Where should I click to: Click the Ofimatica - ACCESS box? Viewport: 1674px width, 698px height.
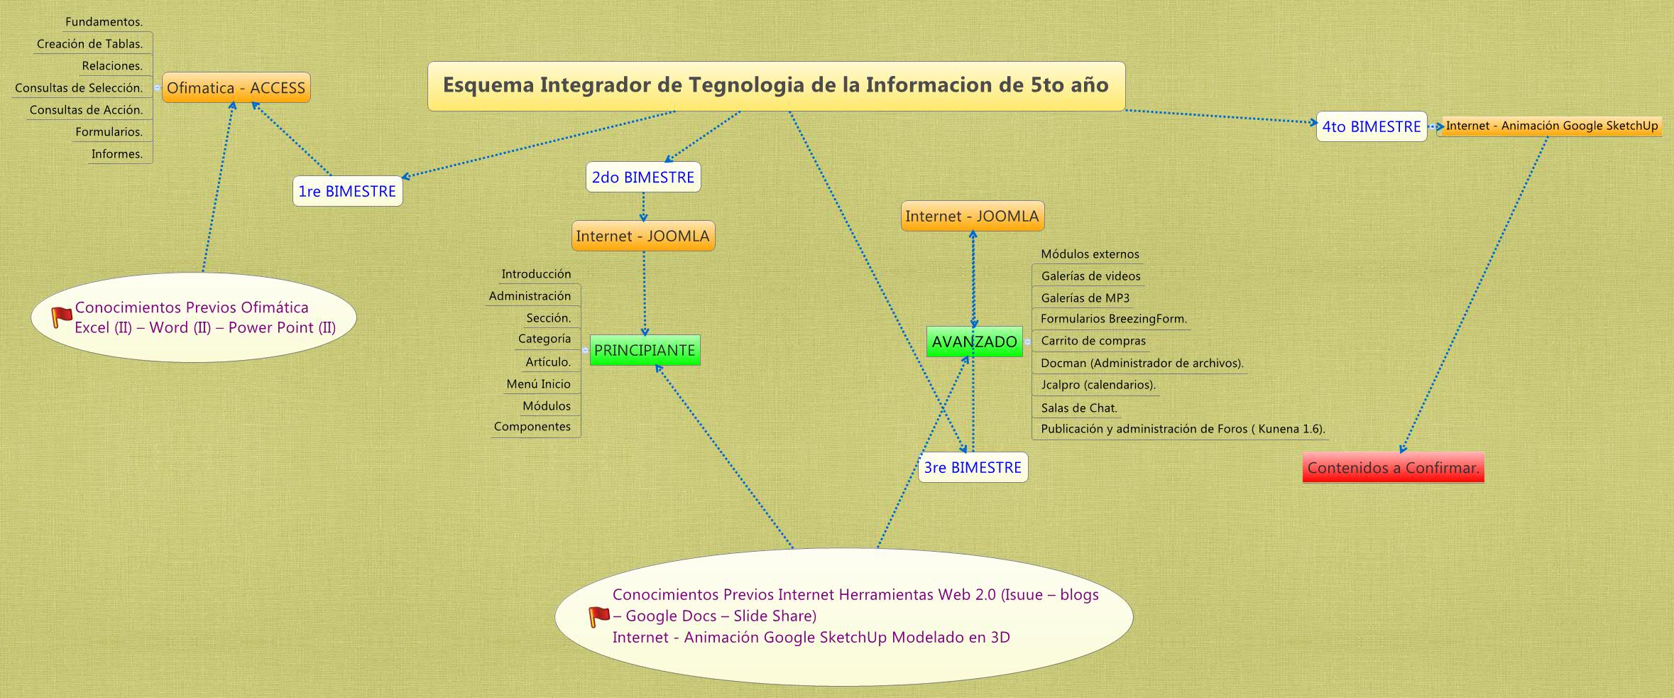[x=236, y=88]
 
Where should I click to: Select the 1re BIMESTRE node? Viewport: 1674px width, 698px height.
[x=347, y=192]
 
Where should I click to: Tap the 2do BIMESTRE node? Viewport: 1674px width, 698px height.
[x=643, y=178]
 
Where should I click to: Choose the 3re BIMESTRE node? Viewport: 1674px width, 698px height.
[x=973, y=468]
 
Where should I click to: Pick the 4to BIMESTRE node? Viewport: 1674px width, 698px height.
[x=1371, y=127]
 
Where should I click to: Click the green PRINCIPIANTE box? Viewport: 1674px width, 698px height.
[x=645, y=350]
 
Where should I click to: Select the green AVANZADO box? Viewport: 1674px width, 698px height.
[x=974, y=342]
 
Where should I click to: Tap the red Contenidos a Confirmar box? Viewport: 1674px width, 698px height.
[x=1393, y=468]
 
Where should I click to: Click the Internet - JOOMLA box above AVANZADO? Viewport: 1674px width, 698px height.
[x=972, y=217]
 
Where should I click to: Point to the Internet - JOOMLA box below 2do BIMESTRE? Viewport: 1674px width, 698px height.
[x=642, y=236]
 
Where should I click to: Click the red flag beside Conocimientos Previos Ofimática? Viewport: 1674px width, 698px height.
[x=62, y=317]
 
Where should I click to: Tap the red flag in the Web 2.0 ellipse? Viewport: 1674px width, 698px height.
[x=598, y=616]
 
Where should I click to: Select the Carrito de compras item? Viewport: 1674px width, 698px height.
[x=1093, y=342]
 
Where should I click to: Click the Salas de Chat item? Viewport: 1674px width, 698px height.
[x=1079, y=408]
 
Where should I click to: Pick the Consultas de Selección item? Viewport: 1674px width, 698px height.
[x=79, y=88]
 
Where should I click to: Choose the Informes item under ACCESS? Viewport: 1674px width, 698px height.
[x=117, y=154]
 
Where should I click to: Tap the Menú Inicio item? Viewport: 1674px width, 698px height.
[x=538, y=384]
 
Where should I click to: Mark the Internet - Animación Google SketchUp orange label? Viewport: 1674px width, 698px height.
[x=1552, y=126]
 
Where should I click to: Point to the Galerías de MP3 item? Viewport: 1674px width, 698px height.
[x=1085, y=298]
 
